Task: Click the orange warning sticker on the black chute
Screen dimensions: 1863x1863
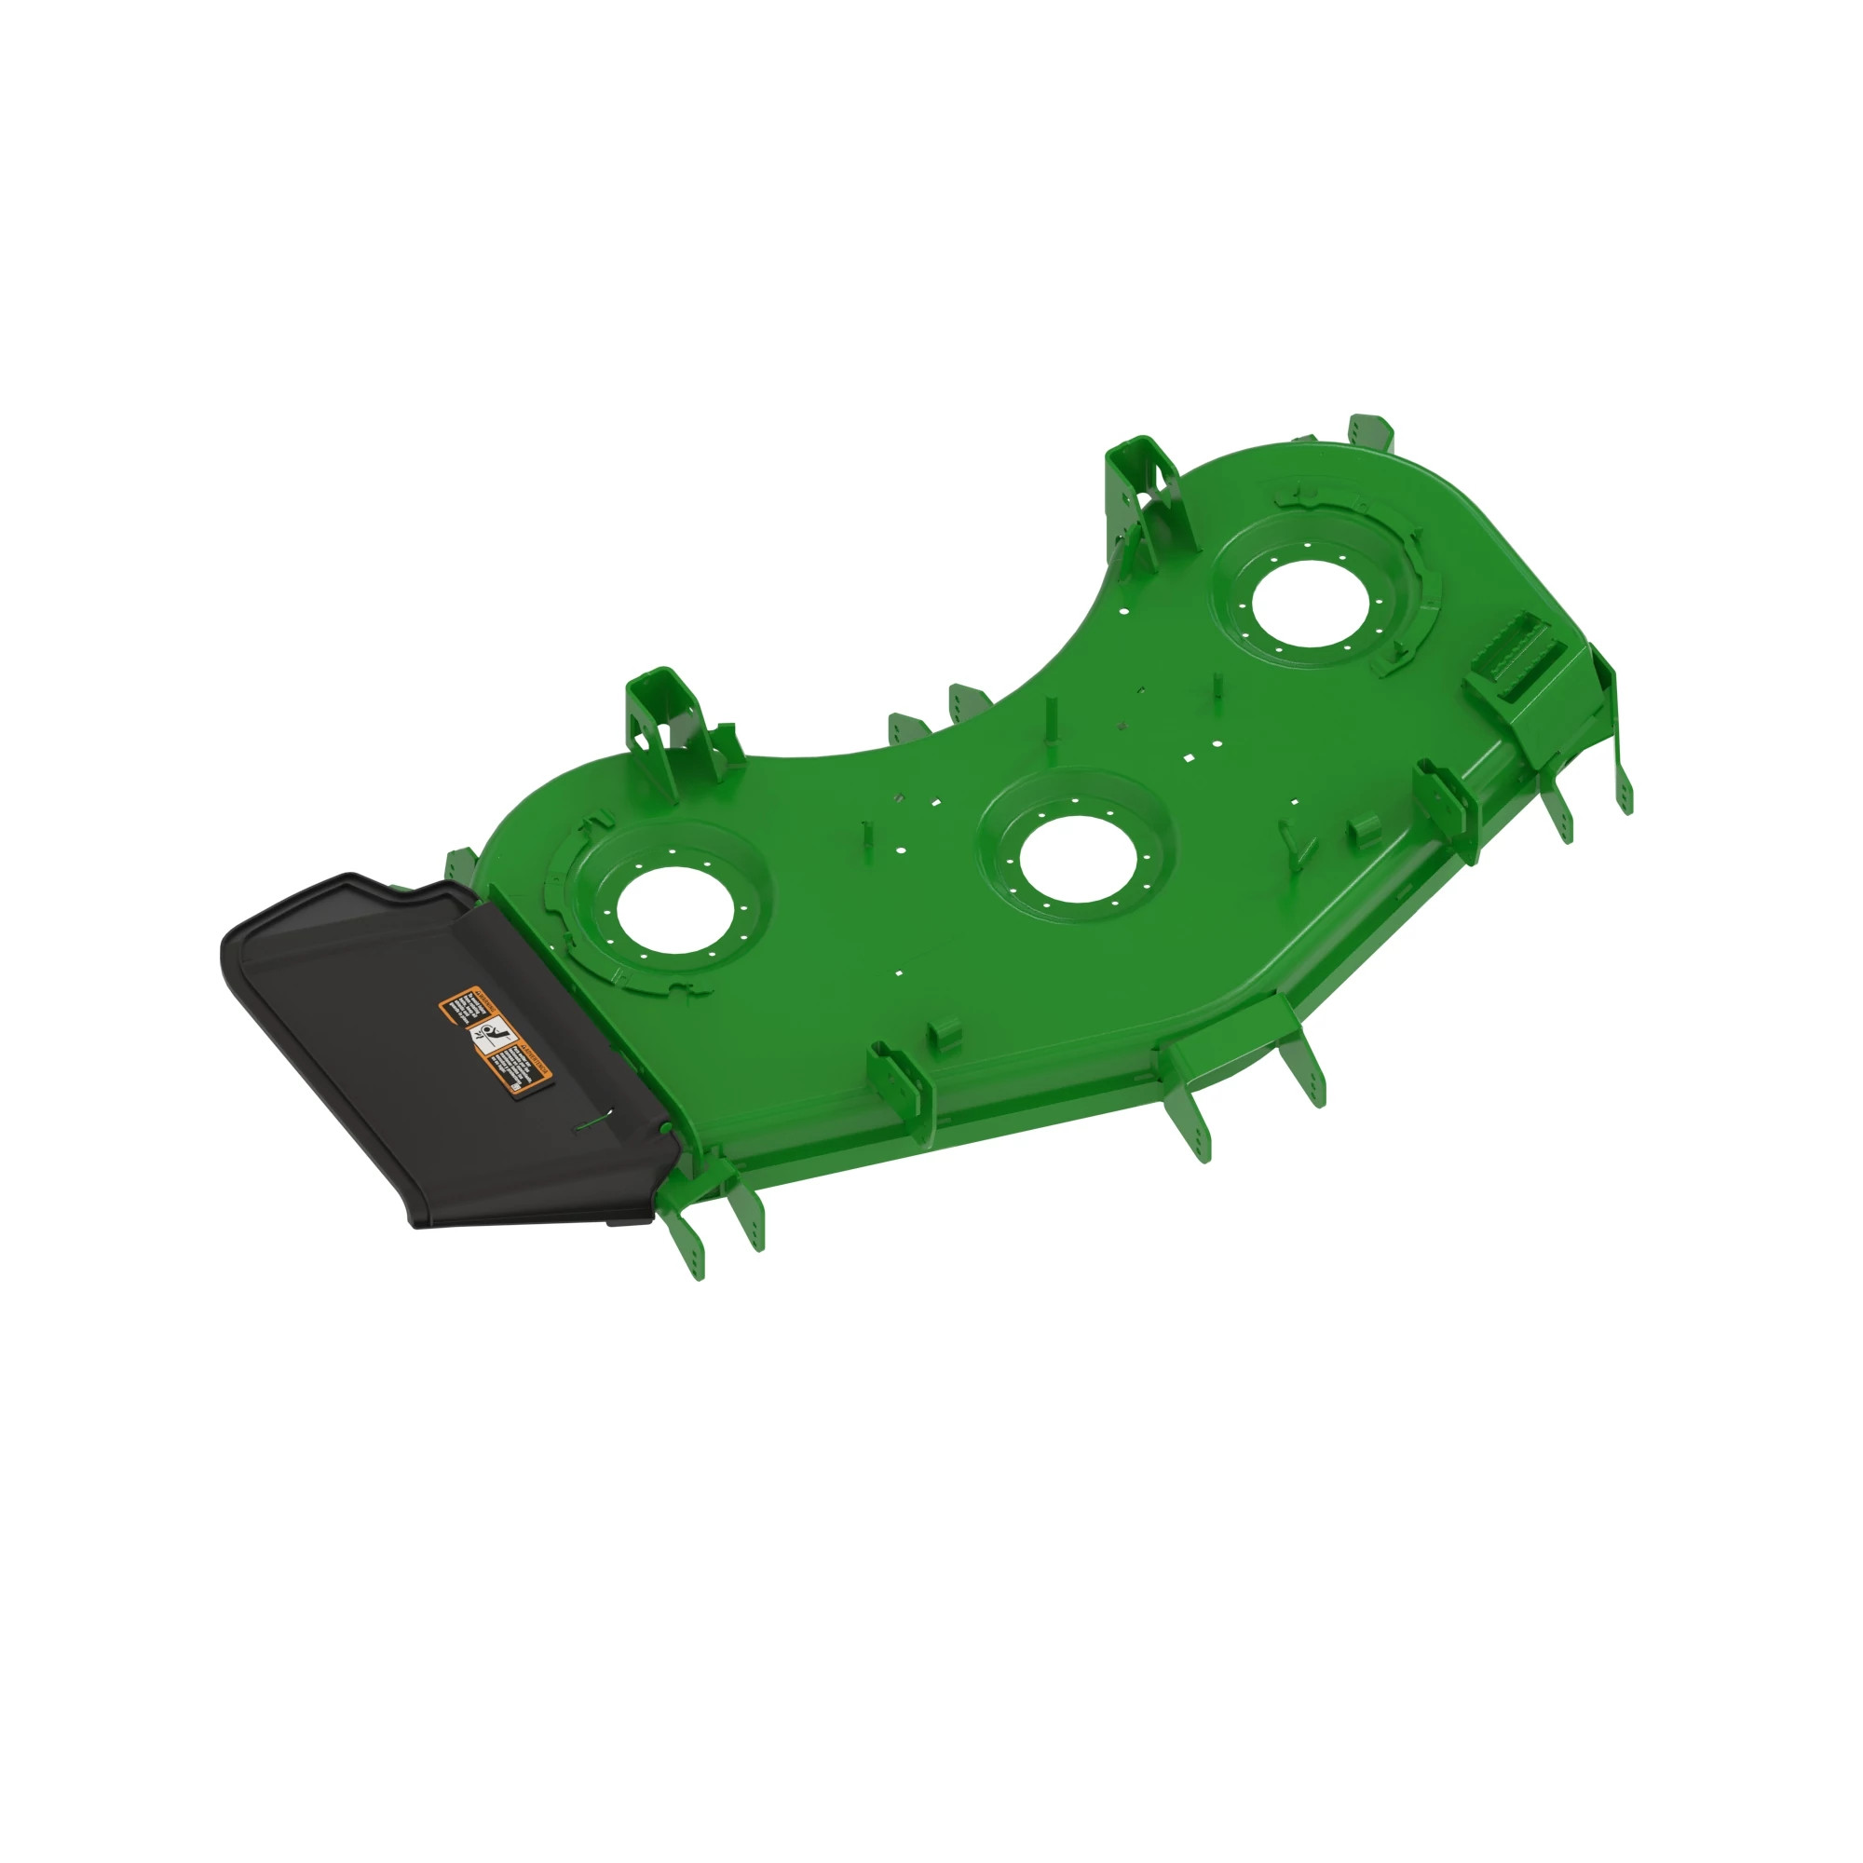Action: [496, 1040]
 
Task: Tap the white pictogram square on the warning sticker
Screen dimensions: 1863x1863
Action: [493, 1038]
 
